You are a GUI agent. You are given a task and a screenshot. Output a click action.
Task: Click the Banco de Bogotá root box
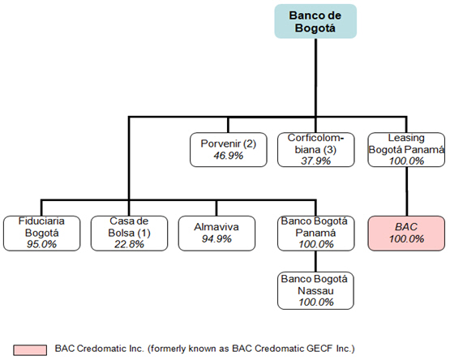pyautogui.click(x=315, y=21)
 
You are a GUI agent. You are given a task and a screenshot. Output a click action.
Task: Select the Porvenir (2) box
pyautogui.click(x=229, y=149)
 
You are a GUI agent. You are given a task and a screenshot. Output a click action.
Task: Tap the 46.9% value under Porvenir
pyautogui.click(x=229, y=156)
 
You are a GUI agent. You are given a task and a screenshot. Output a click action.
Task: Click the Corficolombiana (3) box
pyautogui.click(x=316, y=149)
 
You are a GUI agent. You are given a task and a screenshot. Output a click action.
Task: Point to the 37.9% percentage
pyautogui.click(x=316, y=161)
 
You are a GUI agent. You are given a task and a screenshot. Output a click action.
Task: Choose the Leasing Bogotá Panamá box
pyautogui.click(x=406, y=149)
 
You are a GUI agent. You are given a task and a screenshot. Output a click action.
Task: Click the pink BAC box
pyautogui.click(x=406, y=234)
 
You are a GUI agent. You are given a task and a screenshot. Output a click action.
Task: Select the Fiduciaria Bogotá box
pyautogui.click(x=42, y=234)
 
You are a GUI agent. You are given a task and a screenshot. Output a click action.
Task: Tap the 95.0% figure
pyautogui.click(x=42, y=244)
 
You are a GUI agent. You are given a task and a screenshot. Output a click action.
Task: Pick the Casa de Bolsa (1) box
pyautogui.click(x=129, y=234)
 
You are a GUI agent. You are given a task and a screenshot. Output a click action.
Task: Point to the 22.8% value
pyautogui.click(x=129, y=244)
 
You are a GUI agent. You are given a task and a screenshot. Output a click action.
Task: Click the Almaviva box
pyautogui.click(x=216, y=234)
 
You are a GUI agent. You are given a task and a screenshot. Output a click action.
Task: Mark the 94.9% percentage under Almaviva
pyautogui.click(x=216, y=239)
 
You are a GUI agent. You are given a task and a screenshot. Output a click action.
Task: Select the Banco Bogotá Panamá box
pyautogui.click(x=316, y=234)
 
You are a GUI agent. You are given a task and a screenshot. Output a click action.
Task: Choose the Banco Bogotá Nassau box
pyautogui.click(x=315, y=290)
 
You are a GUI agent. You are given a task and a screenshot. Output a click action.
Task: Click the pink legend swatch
pyautogui.click(x=30, y=350)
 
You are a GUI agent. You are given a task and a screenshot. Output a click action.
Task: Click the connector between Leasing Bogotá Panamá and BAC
pyautogui.click(x=406, y=191)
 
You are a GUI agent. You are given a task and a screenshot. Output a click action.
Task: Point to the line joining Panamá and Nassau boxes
pyautogui.click(x=316, y=261)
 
